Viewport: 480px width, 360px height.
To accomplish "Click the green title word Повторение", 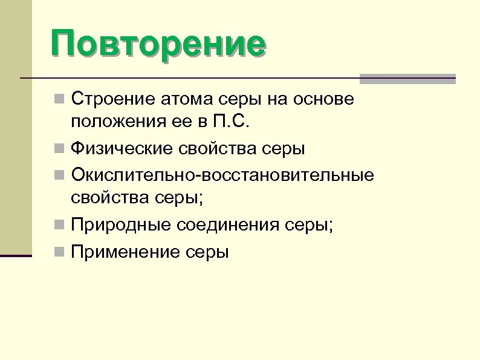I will [158, 44].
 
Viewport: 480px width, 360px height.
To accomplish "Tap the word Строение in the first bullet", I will [106, 98].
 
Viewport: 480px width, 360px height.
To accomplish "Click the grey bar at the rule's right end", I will [407, 78].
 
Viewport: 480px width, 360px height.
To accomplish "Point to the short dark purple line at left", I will [16, 256].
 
